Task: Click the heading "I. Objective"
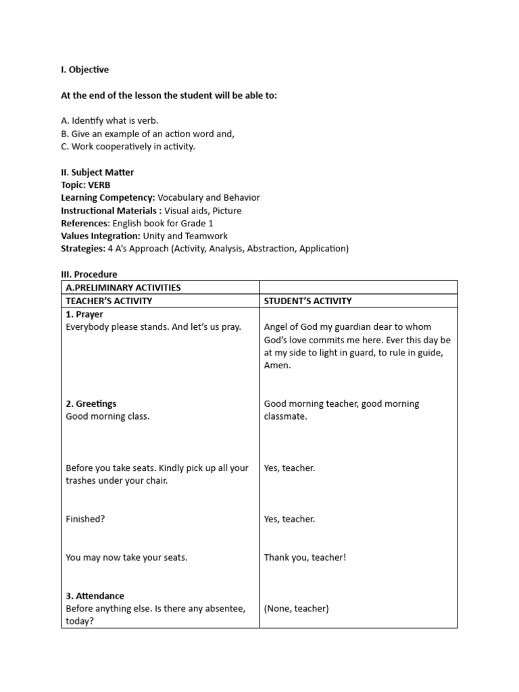(84, 70)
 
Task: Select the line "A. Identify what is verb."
(109, 121)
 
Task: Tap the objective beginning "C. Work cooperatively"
(128, 147)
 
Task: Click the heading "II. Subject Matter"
(97, 172)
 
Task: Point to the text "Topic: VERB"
(86, 185)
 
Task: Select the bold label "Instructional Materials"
(109, 211)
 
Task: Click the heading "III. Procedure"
(89, 274)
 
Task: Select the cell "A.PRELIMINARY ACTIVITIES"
(123, 288)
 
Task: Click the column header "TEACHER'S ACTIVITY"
(109, 301)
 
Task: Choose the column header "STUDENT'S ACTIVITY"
(307, 301)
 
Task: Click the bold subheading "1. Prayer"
(84, 314)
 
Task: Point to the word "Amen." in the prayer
(277, 366)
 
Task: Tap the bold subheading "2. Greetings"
(91, 404)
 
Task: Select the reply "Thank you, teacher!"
(305, 558)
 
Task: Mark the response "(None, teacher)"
(296, 609)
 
